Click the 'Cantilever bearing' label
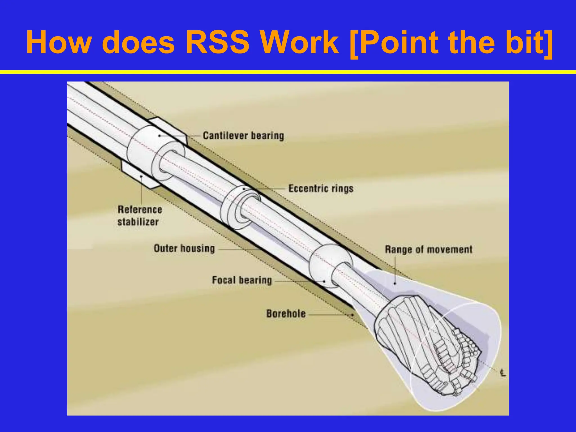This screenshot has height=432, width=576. (243, 136)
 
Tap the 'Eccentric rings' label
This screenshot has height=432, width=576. (321, 188)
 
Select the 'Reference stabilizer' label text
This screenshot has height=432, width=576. (139, 216)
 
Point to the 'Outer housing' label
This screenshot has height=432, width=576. (184, 249)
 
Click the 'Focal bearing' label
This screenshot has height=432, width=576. (242, 280)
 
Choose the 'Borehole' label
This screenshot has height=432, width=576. (286, 314)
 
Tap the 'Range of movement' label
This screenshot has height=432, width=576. (428, 249)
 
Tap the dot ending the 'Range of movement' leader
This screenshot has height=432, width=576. (395, 283)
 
